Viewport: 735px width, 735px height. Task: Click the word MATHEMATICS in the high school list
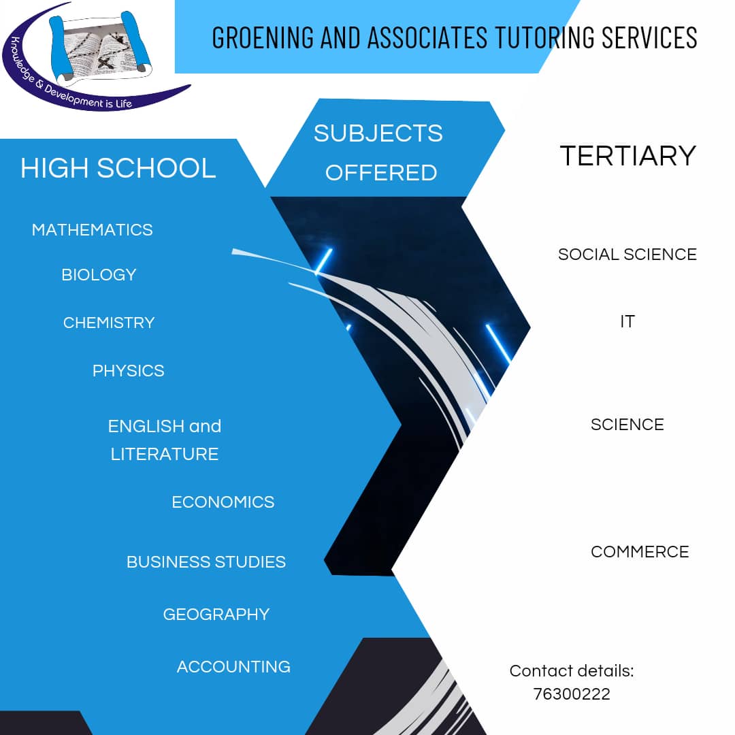(93, 230)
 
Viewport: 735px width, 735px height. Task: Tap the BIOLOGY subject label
(99, 275)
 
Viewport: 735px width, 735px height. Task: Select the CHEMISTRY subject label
(109, 323)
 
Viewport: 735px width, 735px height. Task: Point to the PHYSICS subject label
(129, 371)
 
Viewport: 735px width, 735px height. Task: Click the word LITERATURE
(165, 455)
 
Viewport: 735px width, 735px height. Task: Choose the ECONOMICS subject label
(223, 502)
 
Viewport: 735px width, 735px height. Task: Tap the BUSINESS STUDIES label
(206, 562)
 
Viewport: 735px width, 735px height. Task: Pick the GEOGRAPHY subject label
(216, 615)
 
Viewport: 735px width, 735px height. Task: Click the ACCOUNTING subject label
(233, 667)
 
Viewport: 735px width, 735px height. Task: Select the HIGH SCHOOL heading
(118, 169)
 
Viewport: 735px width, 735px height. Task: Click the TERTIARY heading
(627, 156)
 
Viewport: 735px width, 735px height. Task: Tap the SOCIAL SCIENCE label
(627, 255)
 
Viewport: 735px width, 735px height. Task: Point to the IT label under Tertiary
(627, 322)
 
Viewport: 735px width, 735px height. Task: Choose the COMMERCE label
(640, 552)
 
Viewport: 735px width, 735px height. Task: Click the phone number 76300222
(572, 694)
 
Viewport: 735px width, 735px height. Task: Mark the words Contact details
(572, 671)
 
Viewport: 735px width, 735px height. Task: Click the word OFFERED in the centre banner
(381, 173)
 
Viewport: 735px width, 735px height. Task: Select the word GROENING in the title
(254, 37)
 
